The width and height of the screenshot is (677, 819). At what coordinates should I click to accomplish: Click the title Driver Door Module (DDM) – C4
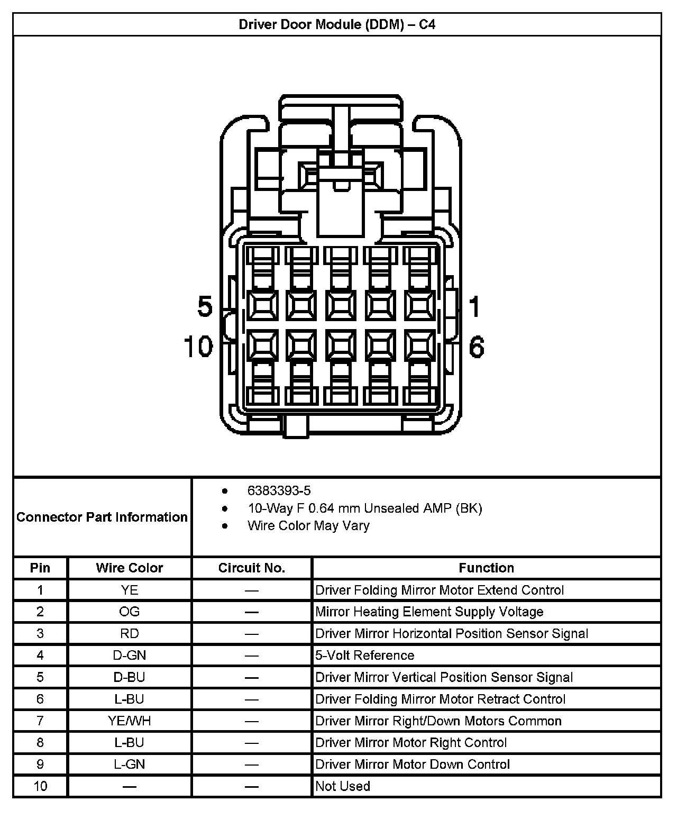[x=337, y=24]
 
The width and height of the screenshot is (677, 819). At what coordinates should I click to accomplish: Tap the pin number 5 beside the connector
[x=205, y=306]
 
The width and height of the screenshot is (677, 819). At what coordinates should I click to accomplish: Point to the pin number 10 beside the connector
[x=198, y=347]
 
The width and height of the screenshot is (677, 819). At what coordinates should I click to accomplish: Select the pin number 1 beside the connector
[x=474, y=306]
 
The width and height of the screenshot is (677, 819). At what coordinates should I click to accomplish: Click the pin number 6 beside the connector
[x=477, y=347]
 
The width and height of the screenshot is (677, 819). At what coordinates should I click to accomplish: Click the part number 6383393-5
[x=279, y=490]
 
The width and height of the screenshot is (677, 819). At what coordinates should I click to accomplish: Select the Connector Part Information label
[x=102, y=517]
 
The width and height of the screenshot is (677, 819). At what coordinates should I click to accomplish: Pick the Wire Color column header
[x=130, y=568]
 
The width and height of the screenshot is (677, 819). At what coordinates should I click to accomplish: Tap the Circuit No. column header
[x=252, y=568]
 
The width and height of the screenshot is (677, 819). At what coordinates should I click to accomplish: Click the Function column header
[x=486, y=568]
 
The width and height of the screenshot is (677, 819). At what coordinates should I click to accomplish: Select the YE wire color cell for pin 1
[x=130, y=590]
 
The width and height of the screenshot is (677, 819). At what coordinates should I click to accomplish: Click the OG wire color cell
[x=130, y=612]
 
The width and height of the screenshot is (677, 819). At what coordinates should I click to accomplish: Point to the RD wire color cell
[x=130, y=633]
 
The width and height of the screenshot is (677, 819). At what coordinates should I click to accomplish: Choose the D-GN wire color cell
[x=130, y=655]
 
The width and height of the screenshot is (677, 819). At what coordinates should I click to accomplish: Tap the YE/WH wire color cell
[x=130, y=721]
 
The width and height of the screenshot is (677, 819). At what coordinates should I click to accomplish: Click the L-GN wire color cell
[x=130, y=764]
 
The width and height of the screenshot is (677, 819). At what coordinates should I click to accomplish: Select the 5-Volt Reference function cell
[x=364, y=655]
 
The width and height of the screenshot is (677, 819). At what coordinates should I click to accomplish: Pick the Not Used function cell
[x=342, y=786]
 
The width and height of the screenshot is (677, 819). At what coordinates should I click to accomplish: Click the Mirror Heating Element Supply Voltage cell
[x=429, y=612]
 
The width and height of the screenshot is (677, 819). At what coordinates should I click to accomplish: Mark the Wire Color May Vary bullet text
[x=308, y=525]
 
